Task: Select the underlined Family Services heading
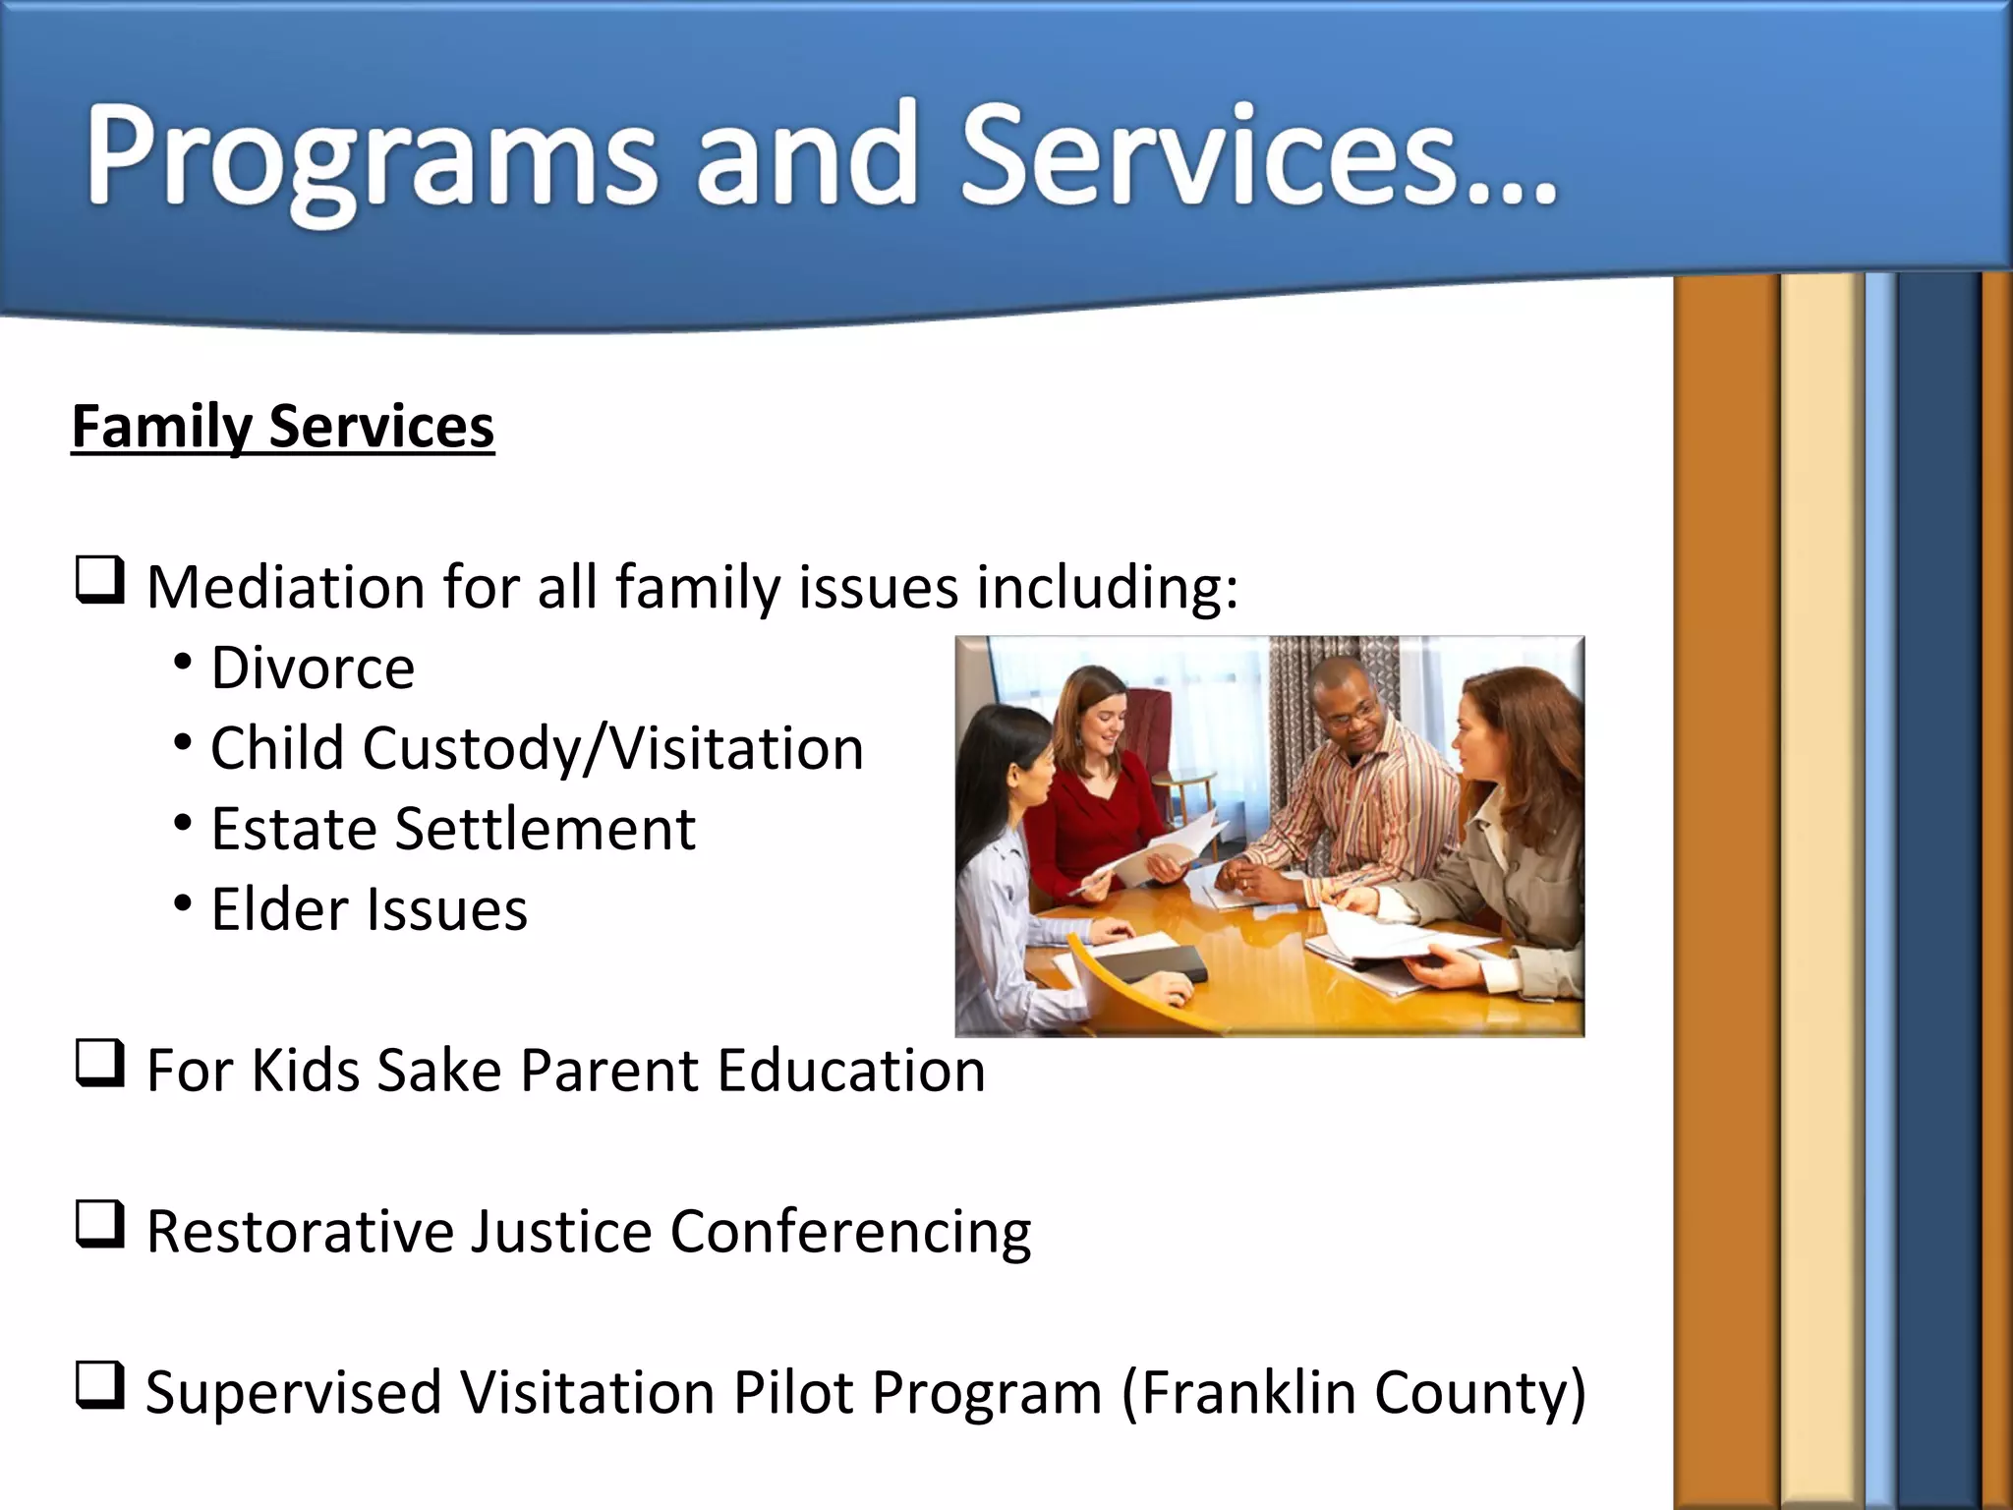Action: (x=283, y=427)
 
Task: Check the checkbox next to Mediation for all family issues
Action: (x=100, y=581)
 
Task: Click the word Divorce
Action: (x=313, y=668)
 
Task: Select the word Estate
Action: (x=292, y=829)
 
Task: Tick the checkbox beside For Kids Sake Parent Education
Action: (x=100, y=1065)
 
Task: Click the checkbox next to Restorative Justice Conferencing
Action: (x=100, y=1226)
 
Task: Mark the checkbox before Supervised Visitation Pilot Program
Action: (x=100, y=1387)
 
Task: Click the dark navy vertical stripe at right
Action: (x=1937, y=885)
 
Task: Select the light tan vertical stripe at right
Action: (x=1821, y=885)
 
